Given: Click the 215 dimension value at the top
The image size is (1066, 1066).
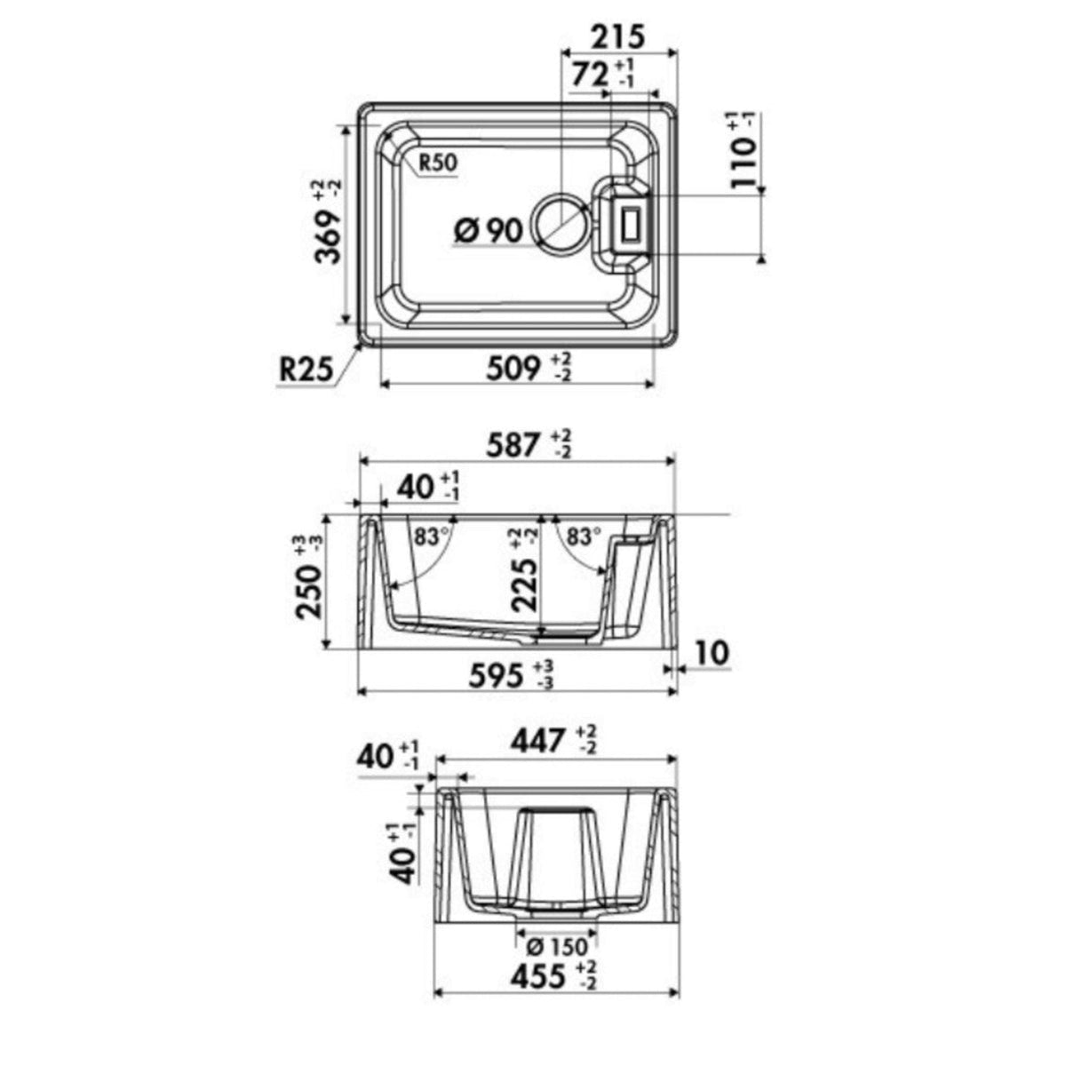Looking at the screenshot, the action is (x=618, y=37).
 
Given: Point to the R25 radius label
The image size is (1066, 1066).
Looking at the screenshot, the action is (x=306, y=370).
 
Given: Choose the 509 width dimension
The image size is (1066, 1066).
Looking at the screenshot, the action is (x=513, y=369).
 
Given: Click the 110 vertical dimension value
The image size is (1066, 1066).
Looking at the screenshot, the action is (x=743, y=163).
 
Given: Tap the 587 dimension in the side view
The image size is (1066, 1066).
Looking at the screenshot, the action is (x=513, y=445).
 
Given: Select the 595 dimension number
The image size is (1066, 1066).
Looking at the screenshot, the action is (x=495, y=675).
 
